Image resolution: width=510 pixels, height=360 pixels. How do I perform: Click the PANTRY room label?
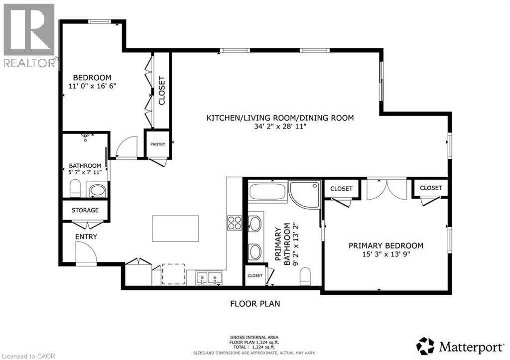158,144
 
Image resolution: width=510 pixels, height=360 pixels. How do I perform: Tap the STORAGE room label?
85,210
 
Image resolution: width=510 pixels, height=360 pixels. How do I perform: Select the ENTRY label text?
86,237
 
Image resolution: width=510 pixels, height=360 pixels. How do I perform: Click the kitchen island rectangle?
175,228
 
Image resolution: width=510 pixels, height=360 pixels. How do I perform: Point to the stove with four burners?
235,223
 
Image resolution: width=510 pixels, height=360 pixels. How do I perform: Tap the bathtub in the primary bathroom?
268,193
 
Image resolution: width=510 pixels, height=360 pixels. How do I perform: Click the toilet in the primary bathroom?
306,277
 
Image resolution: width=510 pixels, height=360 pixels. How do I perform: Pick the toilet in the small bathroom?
75,188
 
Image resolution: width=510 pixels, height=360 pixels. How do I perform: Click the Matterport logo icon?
425,345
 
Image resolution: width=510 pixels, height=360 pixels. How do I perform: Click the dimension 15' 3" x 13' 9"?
386,254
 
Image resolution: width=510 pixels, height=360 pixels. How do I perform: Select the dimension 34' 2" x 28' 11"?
280,127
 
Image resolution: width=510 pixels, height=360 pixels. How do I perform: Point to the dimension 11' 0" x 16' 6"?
92,86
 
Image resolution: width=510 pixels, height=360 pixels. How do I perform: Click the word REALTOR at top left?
29,63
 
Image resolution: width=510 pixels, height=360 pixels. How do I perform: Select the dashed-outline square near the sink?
173,274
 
